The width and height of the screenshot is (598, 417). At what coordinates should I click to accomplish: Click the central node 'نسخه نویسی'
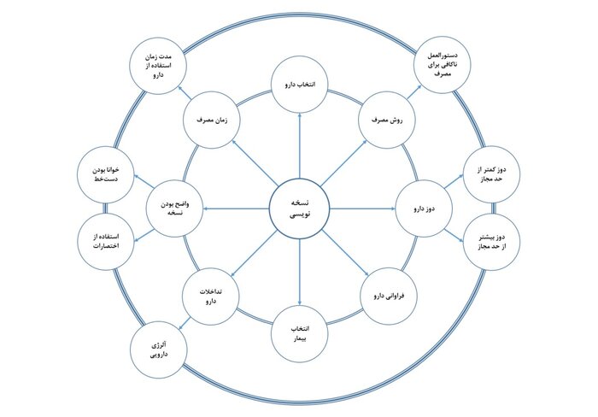coord(299,208)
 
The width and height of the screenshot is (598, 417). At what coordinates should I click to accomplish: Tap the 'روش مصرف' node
coord(386,120)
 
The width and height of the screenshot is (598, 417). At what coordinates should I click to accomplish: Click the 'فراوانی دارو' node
coord(389,296)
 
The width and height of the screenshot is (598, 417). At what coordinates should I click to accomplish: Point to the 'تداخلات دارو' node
coord(209,296)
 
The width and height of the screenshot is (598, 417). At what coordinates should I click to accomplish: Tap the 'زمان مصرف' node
coord(211,120)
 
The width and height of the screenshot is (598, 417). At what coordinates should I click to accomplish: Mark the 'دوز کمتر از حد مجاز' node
coord(489,173)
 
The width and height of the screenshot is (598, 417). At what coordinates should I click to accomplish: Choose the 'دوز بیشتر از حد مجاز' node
coord(489,241)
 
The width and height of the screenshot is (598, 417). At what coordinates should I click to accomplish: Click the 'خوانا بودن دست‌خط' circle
coord(104,173)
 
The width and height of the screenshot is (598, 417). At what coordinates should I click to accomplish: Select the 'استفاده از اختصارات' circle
coord(104,241)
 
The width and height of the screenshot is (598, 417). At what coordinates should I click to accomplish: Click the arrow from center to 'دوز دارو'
coord(363,208)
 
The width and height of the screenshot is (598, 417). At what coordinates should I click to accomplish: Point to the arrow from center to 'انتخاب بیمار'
coord(299,269)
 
